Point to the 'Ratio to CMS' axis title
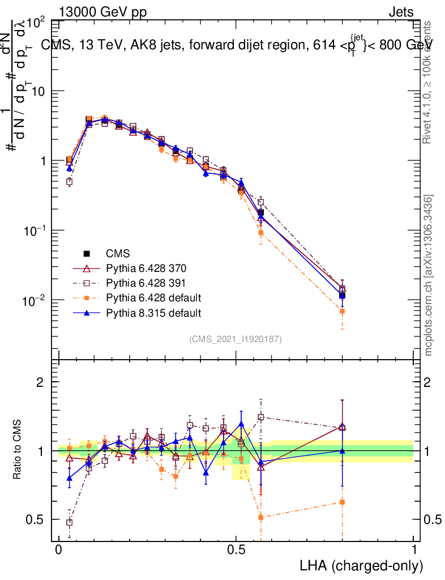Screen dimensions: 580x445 pyautogui.click(x=18, y=449)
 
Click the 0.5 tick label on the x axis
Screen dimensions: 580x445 pyautogui.click(x=236, y=550)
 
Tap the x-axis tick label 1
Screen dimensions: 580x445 pyautogui.click(x=413, y=550)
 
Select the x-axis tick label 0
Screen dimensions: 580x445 pyautogui.click(x=59, y=550)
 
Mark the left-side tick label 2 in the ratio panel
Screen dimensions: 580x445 pyautogui.click(x=40, y=382)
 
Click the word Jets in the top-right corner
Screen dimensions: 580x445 pyautogui.click(x=400, y=12)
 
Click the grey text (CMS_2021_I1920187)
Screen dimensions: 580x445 pyautogui.click(x=236, y=339)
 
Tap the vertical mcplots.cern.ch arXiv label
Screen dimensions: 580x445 pyautogui.click(x=429, y=276)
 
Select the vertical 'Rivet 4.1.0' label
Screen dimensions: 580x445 pyautogui.click(x=429, y=82)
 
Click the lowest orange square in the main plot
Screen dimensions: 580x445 pyautogui.click(x=342, y=311)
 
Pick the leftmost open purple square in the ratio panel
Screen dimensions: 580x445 pyautogui.click(x=69, y=522)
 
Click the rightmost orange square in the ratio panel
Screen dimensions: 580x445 pyautogui.click(x=342, y=502)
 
